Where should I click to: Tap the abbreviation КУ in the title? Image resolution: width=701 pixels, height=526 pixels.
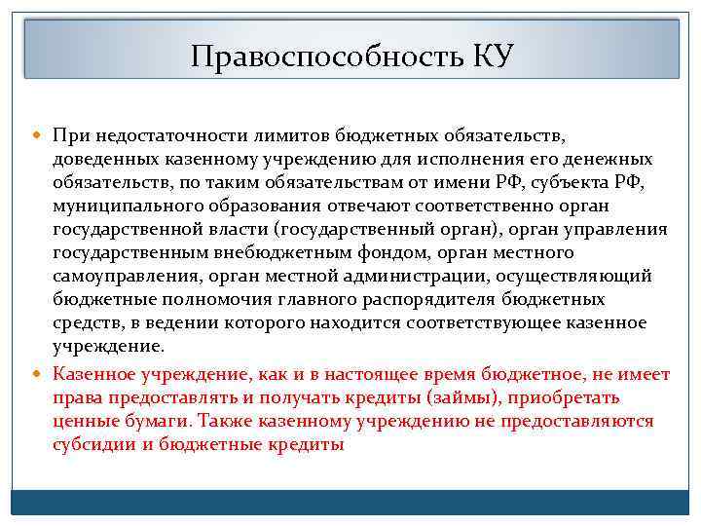493,55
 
